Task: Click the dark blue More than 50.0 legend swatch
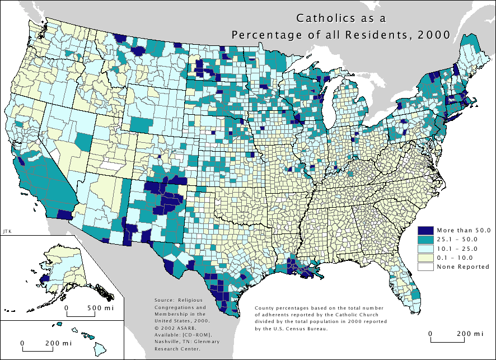[x=427, y=230]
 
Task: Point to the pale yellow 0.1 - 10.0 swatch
[x=427, y=258]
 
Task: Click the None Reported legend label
[x=463, y=267]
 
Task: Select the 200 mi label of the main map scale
[x=470, y=334]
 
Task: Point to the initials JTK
[x=7, y=230]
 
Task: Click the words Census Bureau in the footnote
[x=308, y=329]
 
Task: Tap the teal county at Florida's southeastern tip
[x=417, y=293]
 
